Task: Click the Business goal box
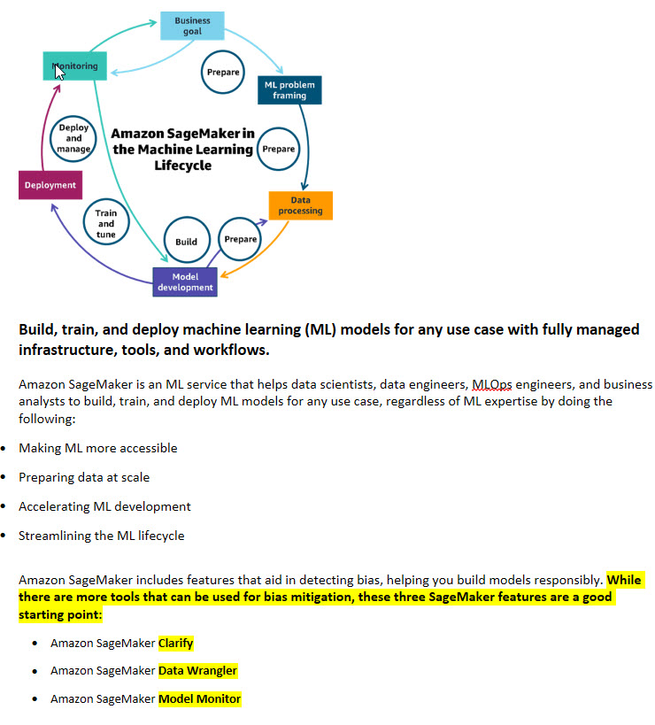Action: click(192, 26)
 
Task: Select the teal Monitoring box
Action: click(75, 66)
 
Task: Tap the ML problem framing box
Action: click(289, 89)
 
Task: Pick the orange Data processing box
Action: click(300, 205)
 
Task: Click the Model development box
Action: click(185, 282)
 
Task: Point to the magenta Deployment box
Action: click(50, 185)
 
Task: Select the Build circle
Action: click(186, 241)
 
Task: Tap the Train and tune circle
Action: click(105, 224)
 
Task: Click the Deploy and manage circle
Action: click(73, 139)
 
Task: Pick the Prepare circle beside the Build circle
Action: click(240, 239)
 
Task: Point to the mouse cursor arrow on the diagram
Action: click(60, 72)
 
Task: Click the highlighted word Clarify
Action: click(175, 643)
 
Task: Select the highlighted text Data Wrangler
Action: click(197, 670)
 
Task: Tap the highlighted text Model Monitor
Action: click(199, 698)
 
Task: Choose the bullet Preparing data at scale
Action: click(84, 477)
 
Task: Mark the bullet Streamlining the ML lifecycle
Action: click(101, 536)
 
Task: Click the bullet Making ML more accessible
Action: click(97, 448)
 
